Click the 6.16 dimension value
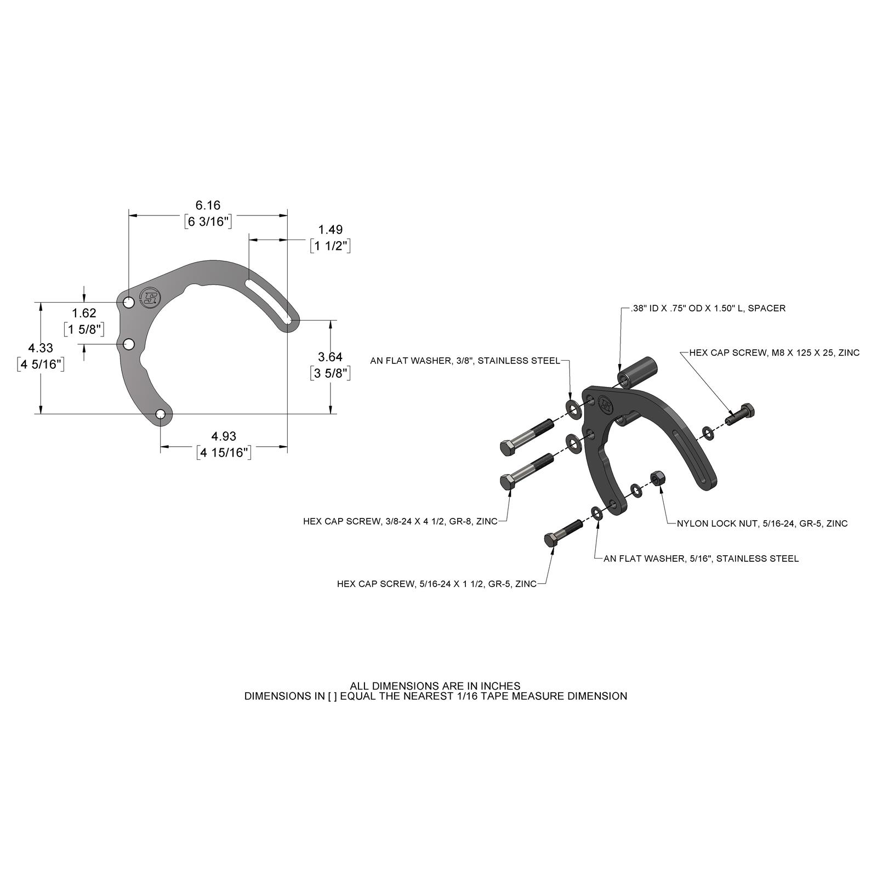[208, 205]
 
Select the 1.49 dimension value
[330, 230]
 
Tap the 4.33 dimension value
[41, 348]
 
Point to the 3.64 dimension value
[330, 357]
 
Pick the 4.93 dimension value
[224, 436]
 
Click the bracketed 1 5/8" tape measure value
[84, 329]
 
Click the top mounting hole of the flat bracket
[128, 303]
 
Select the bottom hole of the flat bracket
[161, 414]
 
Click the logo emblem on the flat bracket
[149, 298]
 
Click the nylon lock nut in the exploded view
[657, 479]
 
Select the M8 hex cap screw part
[741, 414]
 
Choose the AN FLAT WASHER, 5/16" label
[701, 559]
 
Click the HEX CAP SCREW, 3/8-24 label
[400, 521]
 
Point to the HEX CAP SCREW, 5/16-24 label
[436, 584]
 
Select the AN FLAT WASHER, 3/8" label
[465, 361]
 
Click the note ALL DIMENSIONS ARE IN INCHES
[435, 686]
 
